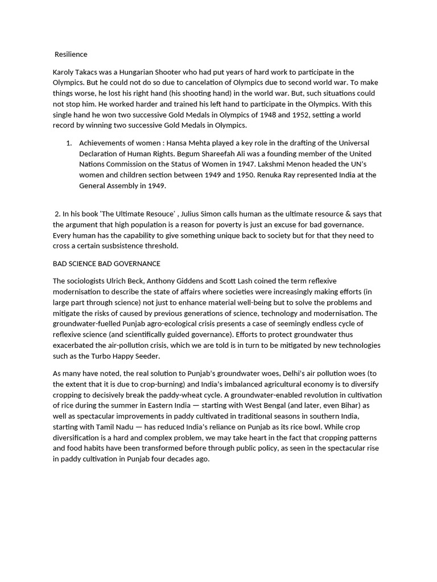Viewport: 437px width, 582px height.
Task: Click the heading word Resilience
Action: coord(71,55)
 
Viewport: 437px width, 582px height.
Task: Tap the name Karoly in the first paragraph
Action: coord(64,72)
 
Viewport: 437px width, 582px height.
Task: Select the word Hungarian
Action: coord(137,72)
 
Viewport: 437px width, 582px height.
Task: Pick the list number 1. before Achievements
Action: coord(69,143)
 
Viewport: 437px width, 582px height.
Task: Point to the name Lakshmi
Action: coord(291,164)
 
